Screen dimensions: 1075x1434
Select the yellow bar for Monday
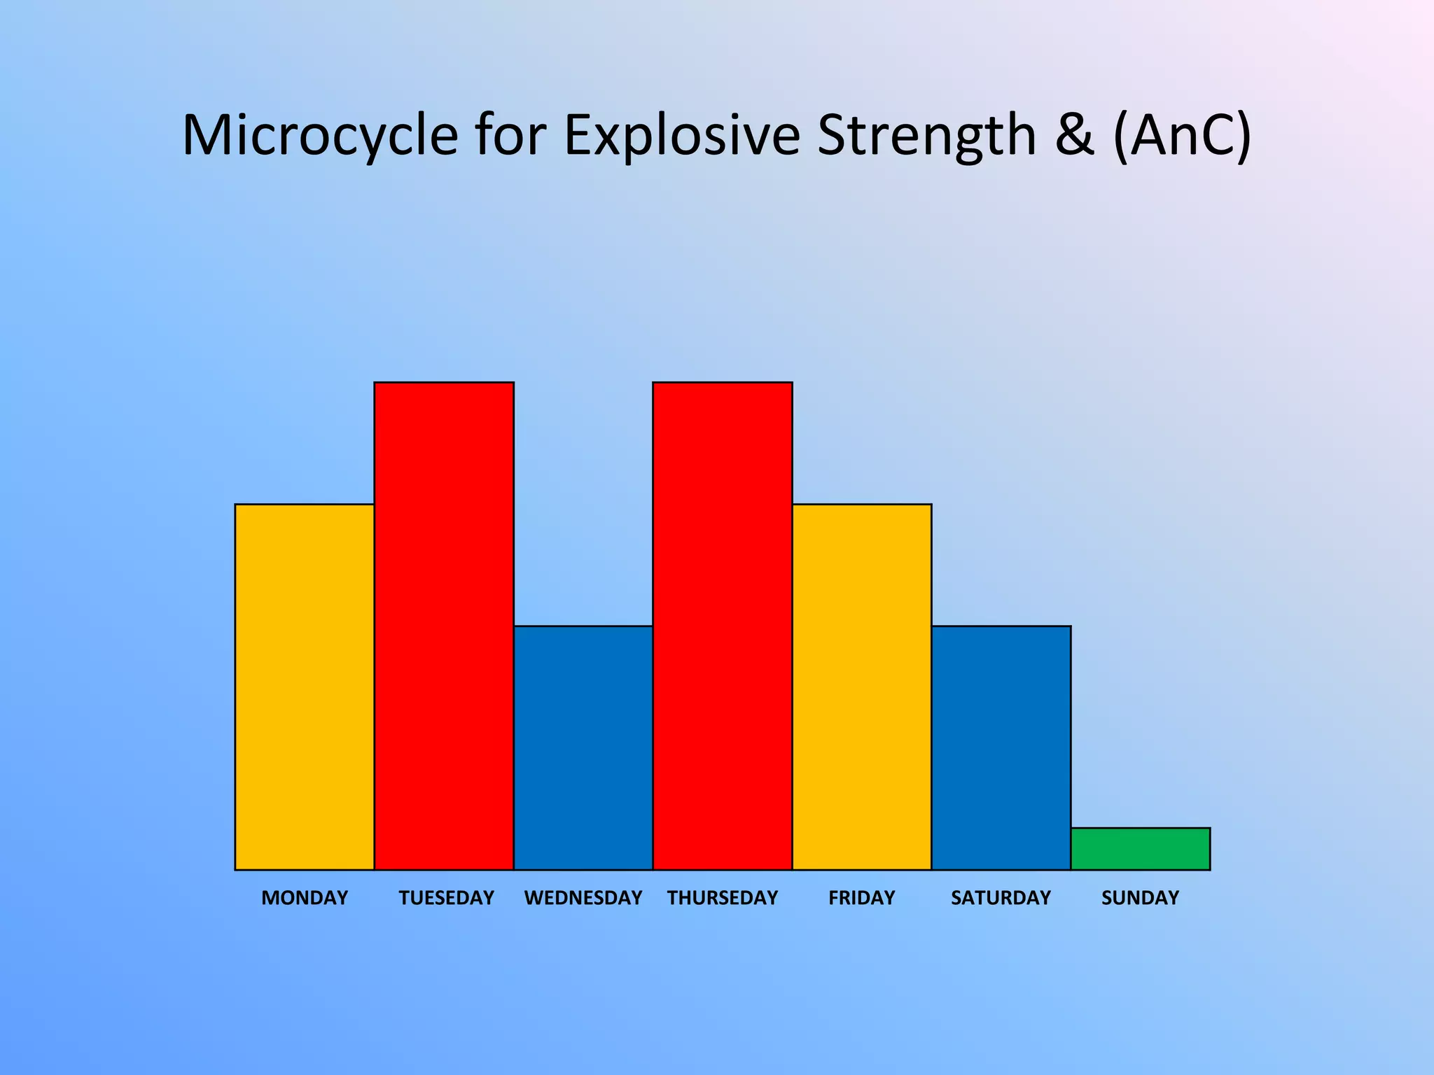pyautogui.click(x=304, y=687)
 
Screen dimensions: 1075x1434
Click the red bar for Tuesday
pyautogui.click(x=444, y=626)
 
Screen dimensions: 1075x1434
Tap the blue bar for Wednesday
pyautogui.click(x=583, y=747)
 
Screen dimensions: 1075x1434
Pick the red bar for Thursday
pyautogui.click(x=722, y=626)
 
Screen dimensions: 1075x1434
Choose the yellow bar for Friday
pyautogui.click(x=861, y=687)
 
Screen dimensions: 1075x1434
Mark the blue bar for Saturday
pyautogui.click(x=1001, y=747)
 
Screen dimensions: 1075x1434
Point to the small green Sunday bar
pyautogui.click(x=1140, y=849)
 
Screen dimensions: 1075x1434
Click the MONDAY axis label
pyautogui.click(x=305, y=898)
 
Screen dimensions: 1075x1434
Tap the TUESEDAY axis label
pyautogui.click(x=446, y=898)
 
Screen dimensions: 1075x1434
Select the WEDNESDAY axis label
pyautogui.click(x=583, y=898)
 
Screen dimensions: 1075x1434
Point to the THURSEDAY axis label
pyautogui.click(x=722, y=898)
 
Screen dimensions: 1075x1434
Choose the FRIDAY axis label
pyautogui.click(x=861, y=898)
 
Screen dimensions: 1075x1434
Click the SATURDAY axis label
pyautogui.click(x=1001, y=898)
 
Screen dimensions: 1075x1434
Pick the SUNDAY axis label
pyautogui.click(x=1140, y=898)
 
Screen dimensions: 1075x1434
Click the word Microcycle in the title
pyautogui.click(x=319, y=135)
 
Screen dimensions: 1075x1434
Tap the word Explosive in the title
pyautogui.click(x=681, y=135)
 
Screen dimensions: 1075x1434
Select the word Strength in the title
pyautogui.click(x=926, y=135)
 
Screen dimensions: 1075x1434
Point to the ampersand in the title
pyautogui.click(x=1074, y=135)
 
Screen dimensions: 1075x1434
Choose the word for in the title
pyautogui.click(x=510, y=135)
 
